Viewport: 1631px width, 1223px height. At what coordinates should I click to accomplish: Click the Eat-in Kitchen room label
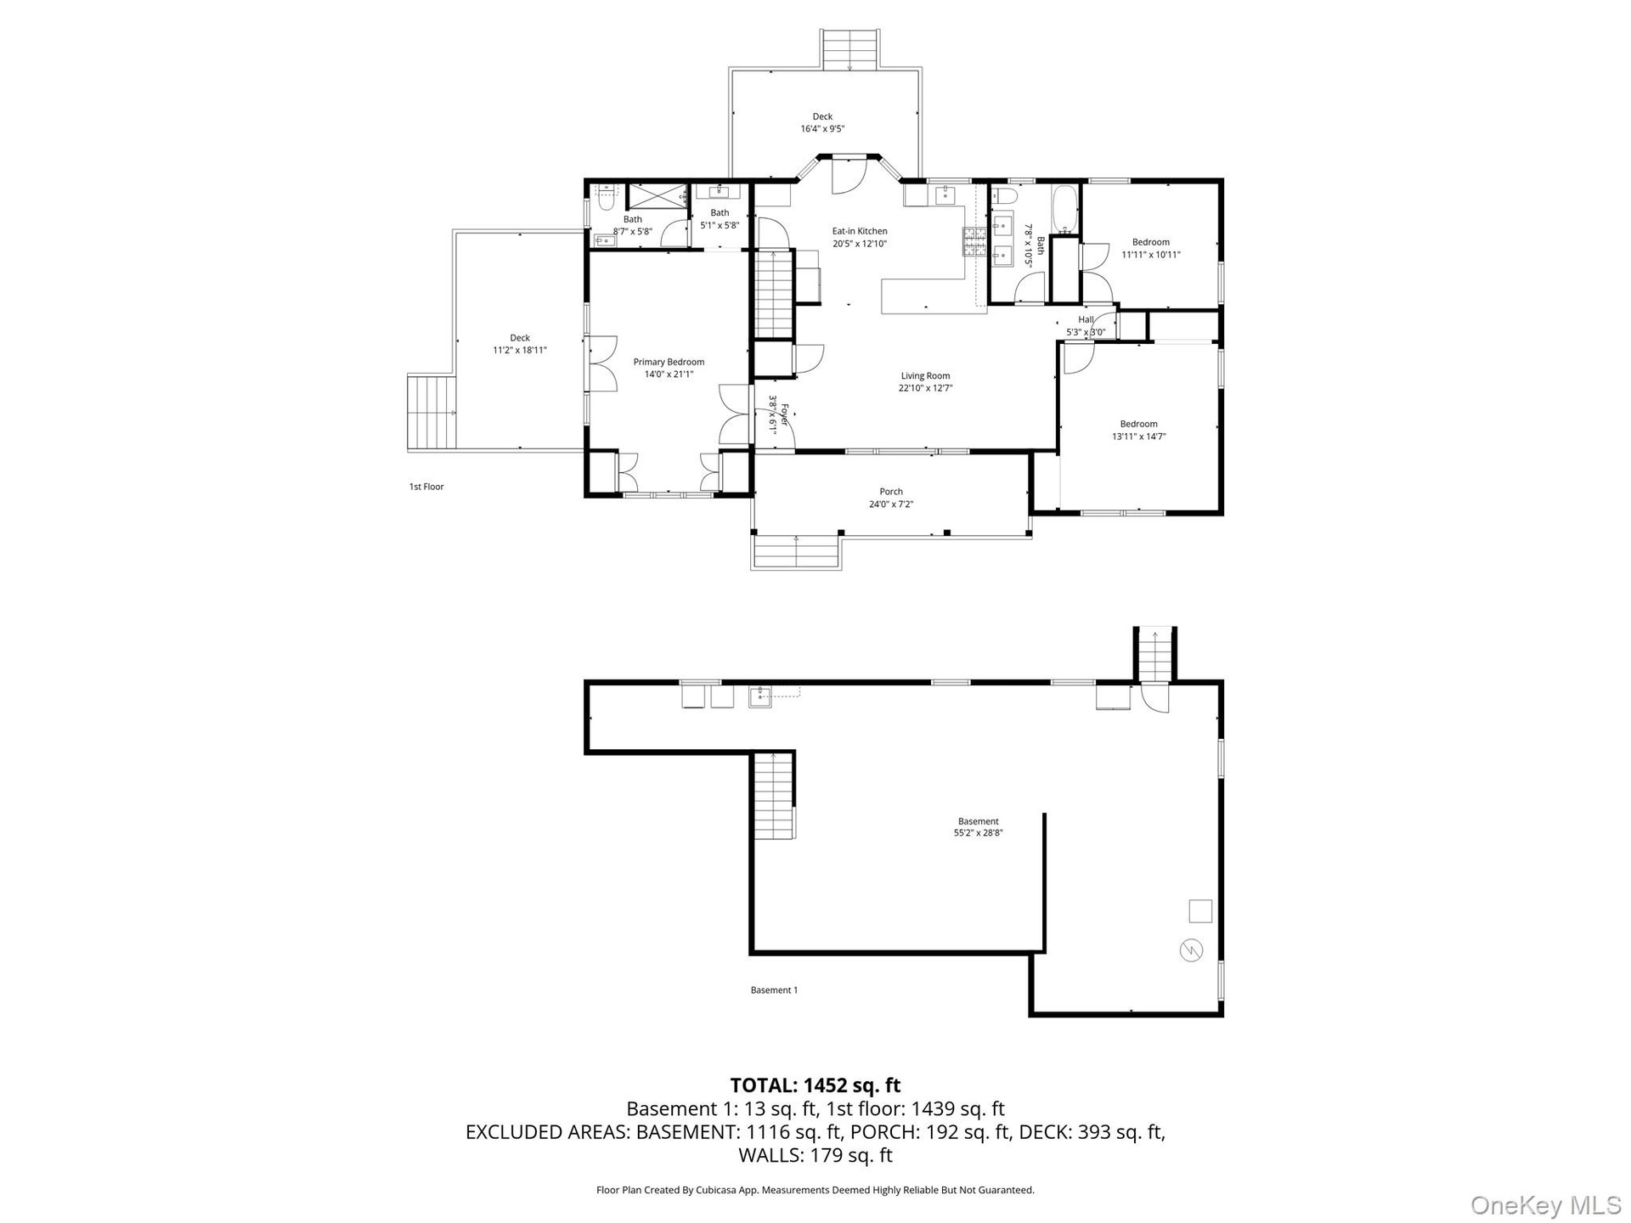coord(860,231)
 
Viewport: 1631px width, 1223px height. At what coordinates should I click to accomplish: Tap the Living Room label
coord(925,375)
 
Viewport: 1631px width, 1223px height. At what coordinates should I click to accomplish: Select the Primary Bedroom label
coord(669,362)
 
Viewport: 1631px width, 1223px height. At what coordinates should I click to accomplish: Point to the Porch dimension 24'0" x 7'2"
coord(891,504)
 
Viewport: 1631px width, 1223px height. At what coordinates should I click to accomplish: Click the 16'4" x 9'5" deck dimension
coord(822,129)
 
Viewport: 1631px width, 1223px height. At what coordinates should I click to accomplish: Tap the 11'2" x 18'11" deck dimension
coord(520,350)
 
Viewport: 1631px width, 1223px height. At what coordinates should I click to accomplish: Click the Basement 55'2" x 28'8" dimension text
coord(979,833)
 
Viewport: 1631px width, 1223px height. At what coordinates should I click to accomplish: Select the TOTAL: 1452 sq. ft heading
coord(815,1085)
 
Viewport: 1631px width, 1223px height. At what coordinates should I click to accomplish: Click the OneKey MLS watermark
coord(1546,1205)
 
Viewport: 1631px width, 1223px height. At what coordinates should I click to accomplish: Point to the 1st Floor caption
coord(426,487)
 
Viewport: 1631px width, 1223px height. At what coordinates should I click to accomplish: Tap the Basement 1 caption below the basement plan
coord(774,989)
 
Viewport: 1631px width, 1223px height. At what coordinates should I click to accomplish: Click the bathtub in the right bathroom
coord(1065,210)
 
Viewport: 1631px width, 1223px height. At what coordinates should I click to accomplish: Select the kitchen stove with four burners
coord(974,241)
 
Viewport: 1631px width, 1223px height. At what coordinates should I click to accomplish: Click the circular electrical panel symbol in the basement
coord(1192,950)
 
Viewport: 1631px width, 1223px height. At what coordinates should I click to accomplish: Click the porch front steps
coord(796,551)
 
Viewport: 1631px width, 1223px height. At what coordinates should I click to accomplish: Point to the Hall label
coord(1086,319)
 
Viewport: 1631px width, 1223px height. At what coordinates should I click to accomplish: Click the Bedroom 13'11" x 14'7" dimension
coord(1138,437)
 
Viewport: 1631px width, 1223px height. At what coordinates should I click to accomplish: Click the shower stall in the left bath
coord(656,196)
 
